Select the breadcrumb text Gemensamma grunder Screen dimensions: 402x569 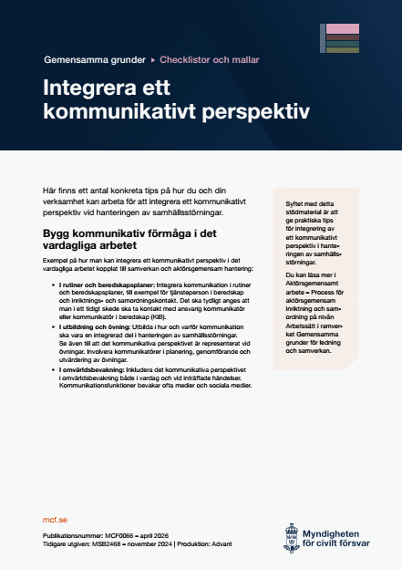click(94, 60)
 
